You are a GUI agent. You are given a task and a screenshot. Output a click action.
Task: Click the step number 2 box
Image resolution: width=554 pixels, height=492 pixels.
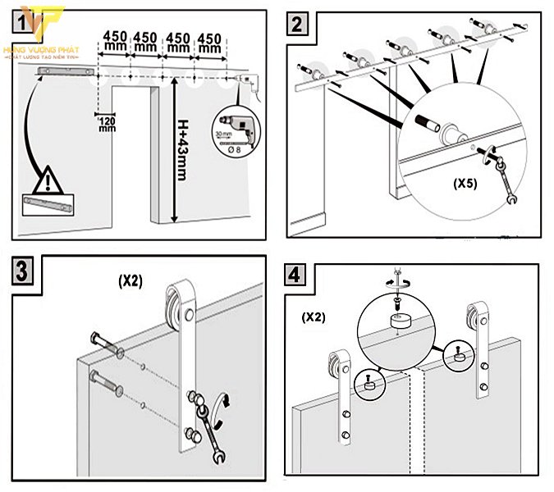pos(296,25)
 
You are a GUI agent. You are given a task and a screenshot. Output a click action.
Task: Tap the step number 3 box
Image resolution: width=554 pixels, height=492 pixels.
pos(22,271)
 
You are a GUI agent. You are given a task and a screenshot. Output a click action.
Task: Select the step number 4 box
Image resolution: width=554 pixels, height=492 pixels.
pos(296,273)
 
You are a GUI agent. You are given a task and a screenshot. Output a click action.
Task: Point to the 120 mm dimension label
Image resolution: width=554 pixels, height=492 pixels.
pos(107,124)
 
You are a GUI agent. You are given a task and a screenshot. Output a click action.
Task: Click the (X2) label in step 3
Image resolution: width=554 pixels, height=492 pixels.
pos(129,280)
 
